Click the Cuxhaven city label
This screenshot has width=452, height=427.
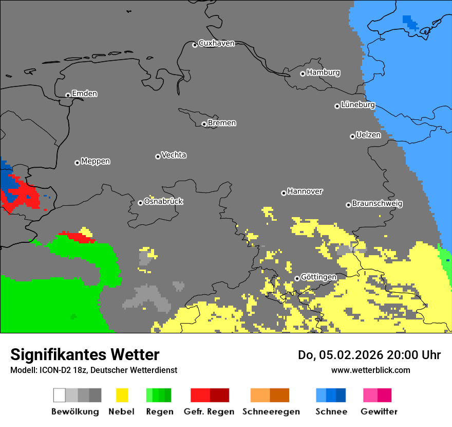(x=216, y=44)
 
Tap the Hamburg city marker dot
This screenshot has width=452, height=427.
(x=303, y=74)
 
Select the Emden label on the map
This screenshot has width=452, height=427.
(x=84, y=94)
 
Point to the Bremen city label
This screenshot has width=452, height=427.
(x=222, y=123)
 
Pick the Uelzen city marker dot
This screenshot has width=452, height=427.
(x=352, y=136)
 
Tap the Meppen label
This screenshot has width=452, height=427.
(x=96, y=162)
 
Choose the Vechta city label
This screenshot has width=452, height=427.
(x=174, y=155)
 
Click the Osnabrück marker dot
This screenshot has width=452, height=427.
(x=140, y=203)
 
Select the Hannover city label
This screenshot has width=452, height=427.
(x=305, y=191)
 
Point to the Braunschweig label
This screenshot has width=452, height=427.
(x=377, y=204)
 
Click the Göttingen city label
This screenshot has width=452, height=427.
(x=318, y=277)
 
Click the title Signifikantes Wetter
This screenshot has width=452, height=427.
(x=85, y=354)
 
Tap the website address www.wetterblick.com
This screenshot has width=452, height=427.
(x=370, y=370)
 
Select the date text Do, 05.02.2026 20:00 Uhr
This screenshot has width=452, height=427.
(x=369, y=355)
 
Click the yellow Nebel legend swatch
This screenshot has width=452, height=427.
(x=122, y=395)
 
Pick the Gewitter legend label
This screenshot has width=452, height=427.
(x=379, y=412)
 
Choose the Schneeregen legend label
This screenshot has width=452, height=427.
(x=271, y=412)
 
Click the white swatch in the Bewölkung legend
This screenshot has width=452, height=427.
(x=60, y=395)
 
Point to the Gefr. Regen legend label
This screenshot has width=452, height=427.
(x=209, y=412)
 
